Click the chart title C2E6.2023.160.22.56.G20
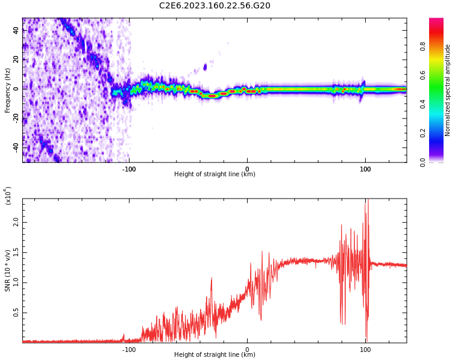(215, 5)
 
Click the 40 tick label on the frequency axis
(16, 30)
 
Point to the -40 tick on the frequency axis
(16, 147)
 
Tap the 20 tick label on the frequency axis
(16, 59)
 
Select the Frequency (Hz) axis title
(8, 90)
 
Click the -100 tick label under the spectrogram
(129, 168)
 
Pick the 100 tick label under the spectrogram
(365, 168)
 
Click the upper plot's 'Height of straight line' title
(215, 174)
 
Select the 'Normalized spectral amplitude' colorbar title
(448, 90)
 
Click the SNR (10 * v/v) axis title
(8, 271)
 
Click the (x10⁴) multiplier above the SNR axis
(8, 196)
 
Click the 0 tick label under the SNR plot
(247, 349)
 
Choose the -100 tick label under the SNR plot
(129, 349)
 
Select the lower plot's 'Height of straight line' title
(215, 355)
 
